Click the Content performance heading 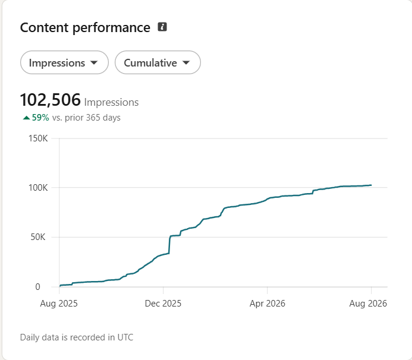point(85,27)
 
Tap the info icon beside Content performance point(162,27)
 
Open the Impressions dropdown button point(64,62)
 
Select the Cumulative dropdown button point(158,62)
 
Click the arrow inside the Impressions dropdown point(94,63)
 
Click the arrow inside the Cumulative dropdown point(186,63)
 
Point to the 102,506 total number point(50,100)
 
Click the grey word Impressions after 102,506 point(111,102)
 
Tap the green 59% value point(40,118)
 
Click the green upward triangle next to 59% point(26,118)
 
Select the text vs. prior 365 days point(86,118)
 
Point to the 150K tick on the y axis point(38,138)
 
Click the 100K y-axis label point(38,188)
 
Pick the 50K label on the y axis point(38,237)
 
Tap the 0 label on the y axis point(37,287)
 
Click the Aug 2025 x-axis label point(59,304)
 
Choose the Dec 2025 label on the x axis point(163,304)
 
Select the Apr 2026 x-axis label point(267,304)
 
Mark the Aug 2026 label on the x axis point(368,304)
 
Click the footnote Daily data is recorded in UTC point(77,337)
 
